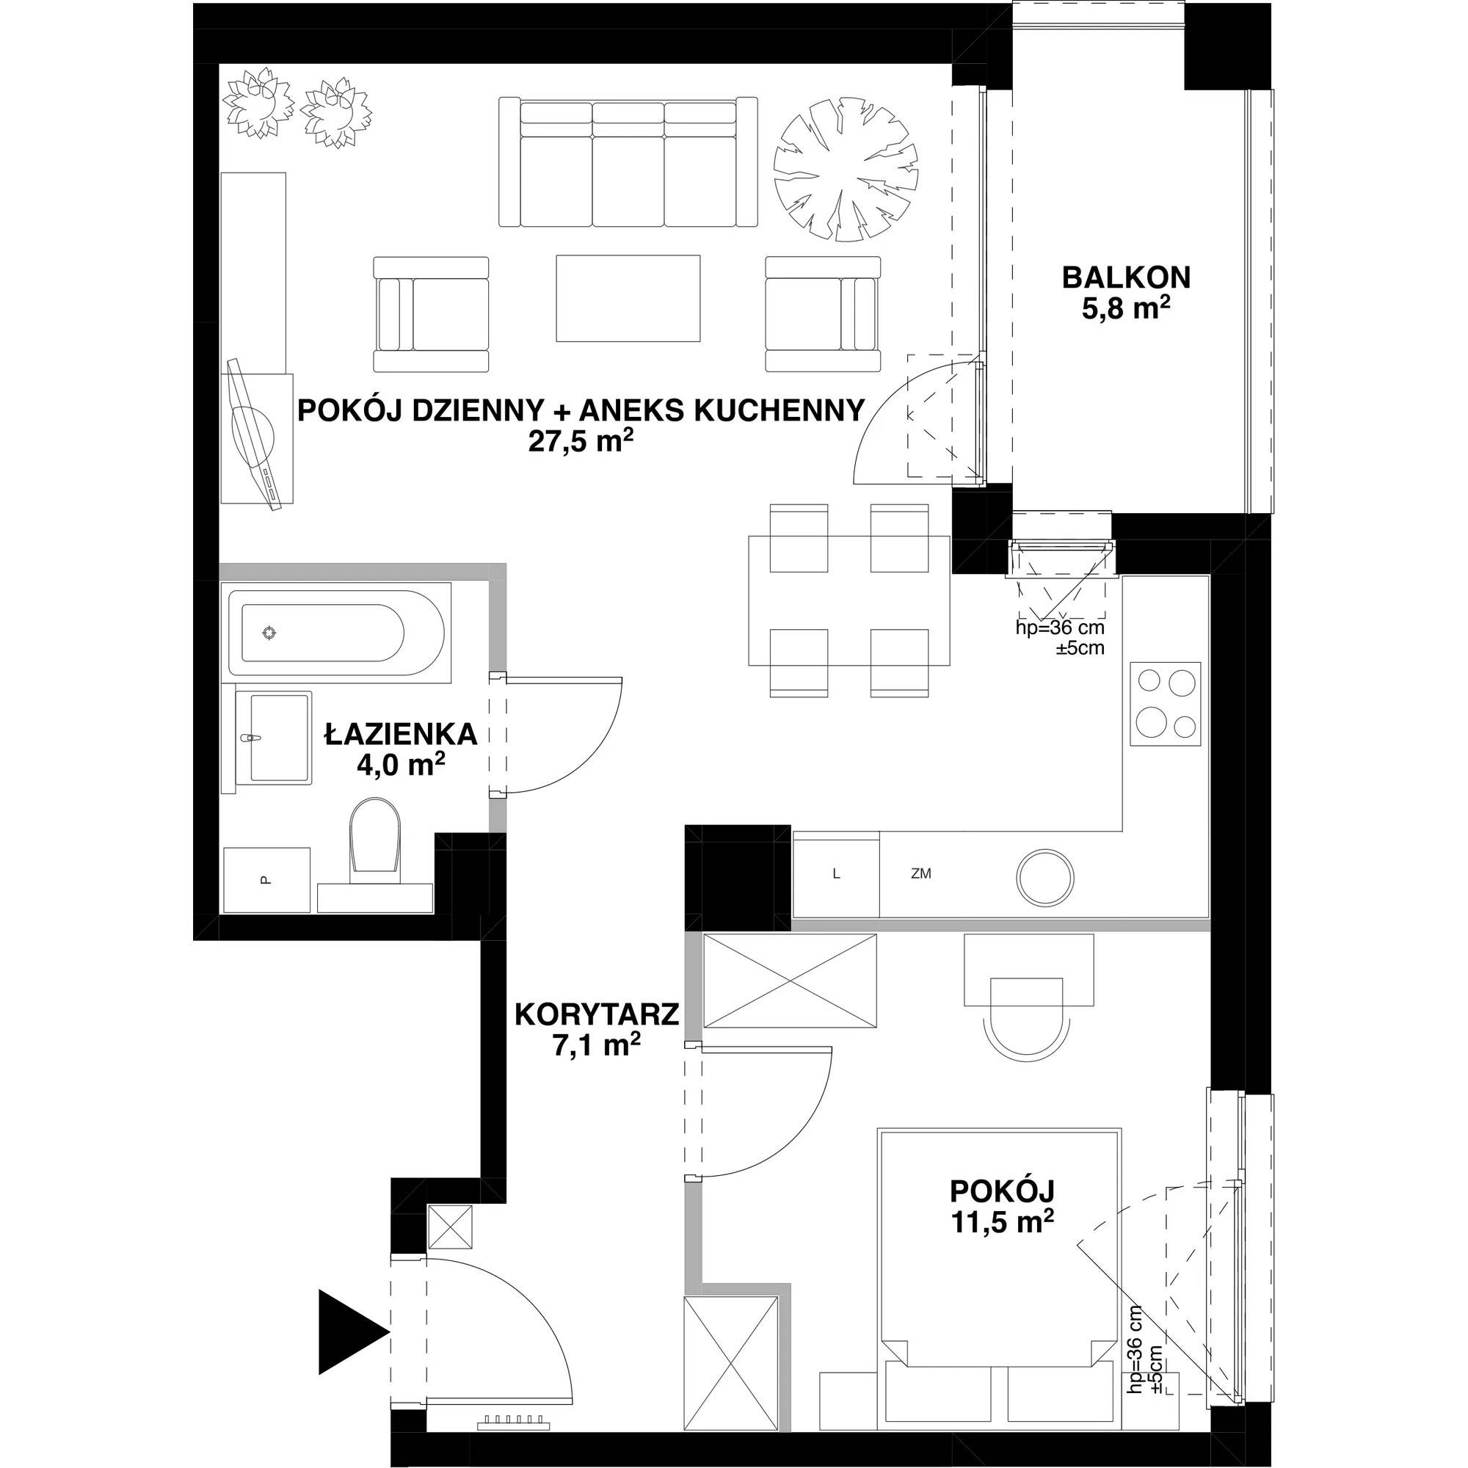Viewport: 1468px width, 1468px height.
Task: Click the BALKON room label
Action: [x=1126, y=277]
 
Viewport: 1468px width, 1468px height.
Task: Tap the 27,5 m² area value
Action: [x=581, y=442]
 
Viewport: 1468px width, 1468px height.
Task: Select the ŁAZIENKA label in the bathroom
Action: [x=401, y=734]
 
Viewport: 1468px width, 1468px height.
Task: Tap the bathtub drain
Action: [x=269, y=632]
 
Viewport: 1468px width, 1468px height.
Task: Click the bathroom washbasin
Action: [x=275, y=737]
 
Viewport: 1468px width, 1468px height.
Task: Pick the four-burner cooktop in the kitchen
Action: [x=1165, y=704]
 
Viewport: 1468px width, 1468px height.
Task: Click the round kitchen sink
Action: [x=1045, y=878]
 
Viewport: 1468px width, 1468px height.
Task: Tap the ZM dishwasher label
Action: [x=921, y=873]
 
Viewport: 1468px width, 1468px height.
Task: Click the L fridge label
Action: [x=836, y=873]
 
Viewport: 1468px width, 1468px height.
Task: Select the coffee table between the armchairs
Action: [x=628, y=299]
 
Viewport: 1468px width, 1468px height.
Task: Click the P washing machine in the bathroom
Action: [x=266, y=880]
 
